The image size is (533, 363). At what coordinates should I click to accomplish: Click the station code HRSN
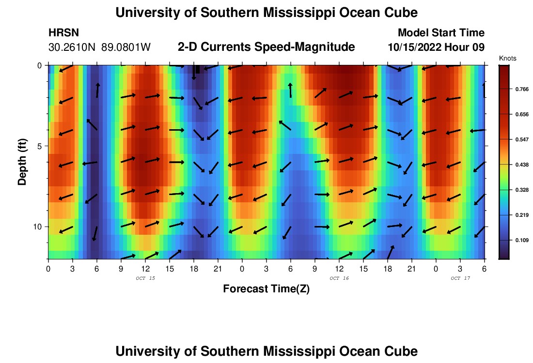(x=64, y=33)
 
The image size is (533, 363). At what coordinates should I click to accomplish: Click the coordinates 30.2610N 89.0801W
(x=100, y=47)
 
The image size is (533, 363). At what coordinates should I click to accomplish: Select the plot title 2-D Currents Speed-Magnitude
(x=266, y=47)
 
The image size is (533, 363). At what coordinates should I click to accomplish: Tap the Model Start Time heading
(x=441, y=33)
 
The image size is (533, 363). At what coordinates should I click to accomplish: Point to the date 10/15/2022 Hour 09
(x=436, y=47)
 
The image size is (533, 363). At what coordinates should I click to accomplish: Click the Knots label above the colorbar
(x=507, y=58)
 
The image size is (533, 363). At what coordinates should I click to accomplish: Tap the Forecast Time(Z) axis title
(x=266, y=289)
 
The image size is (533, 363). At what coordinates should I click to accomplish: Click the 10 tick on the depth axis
(x=39, y=227)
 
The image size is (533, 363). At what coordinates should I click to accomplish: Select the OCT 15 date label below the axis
(x=145, y=278)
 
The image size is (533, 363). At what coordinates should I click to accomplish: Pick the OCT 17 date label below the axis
(x=460, y=278)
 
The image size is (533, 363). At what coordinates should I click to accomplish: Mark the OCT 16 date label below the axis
(x=339, y=278)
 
